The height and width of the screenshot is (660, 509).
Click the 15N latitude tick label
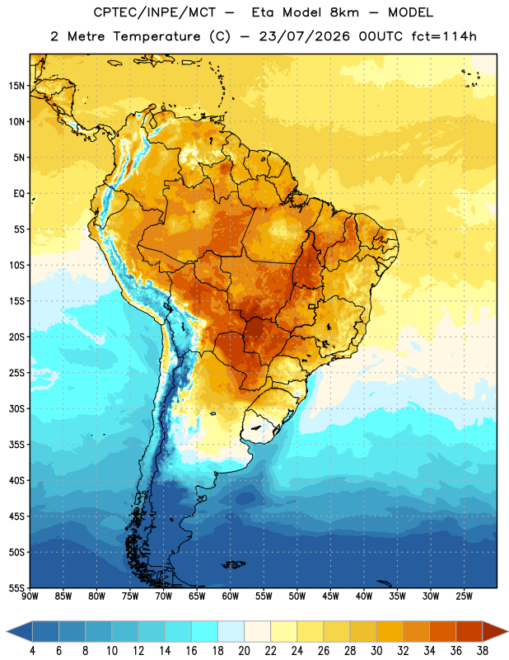tap(16, 86)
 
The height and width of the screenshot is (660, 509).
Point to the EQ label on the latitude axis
tap(19, 194)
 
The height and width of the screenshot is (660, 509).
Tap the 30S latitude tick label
tap(16, 408)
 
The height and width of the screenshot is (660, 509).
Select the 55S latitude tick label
tap(16, 588)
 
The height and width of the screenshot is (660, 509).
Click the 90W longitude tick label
tap(30, 596)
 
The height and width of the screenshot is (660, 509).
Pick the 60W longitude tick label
tap(231, 596)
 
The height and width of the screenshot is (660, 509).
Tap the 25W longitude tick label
tap(464, 596)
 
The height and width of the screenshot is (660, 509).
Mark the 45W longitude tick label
tap(330, 596)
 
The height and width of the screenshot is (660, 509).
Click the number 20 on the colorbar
tap(244, 651)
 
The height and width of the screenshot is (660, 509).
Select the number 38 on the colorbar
tap(483, 651)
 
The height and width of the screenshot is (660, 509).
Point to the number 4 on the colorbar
tap(32, 651)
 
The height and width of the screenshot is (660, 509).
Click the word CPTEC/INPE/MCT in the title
tap(155, 12)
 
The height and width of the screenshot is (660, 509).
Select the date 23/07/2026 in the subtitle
tap(304, 36)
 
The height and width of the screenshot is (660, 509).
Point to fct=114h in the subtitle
tap(444, 36)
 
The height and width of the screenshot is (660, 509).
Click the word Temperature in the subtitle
tap(156, 36)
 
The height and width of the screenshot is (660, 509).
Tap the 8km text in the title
tap(344, 12)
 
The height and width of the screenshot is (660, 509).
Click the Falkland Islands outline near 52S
tap(234, 564)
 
